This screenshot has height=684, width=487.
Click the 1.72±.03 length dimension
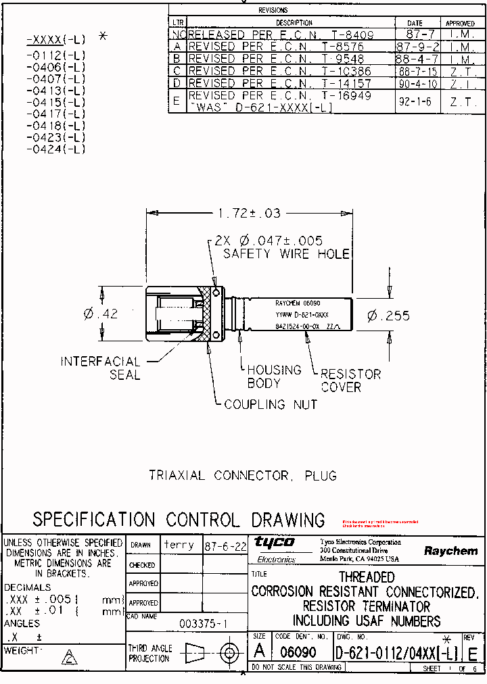(248, 213)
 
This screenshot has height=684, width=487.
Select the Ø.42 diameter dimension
(101, 314)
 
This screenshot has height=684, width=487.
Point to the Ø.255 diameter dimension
(388, 316)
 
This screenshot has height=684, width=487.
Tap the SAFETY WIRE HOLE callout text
(286, 253)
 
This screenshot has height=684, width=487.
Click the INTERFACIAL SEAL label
(101, 368)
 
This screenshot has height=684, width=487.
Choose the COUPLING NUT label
(271, 404)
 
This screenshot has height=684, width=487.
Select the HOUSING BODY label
(274, 376)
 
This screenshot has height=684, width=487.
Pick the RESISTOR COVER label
(350, 381)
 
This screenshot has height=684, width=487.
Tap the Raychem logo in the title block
(450, 551)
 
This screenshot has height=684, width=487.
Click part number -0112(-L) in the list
(55, 55)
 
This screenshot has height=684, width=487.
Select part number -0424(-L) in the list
(55, 149)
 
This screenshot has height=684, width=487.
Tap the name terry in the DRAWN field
(179, 545)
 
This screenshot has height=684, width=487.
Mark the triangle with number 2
(69, 658)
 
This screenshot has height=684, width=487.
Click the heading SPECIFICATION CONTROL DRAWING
(179, 520)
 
